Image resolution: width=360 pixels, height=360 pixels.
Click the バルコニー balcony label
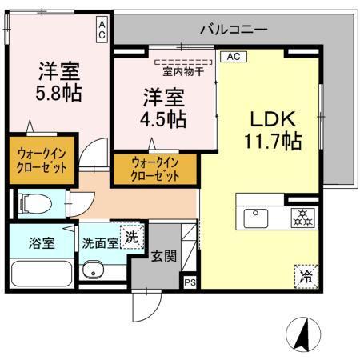click(234, 30)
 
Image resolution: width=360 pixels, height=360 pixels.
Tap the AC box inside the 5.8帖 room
click(103, 30)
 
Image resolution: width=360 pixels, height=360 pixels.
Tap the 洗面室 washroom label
click(99, 244)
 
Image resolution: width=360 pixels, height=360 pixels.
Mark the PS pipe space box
click(190, 282)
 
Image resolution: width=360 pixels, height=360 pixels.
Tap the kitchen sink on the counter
click(258, 216)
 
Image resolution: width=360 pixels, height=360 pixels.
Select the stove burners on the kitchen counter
click(303, 215)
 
